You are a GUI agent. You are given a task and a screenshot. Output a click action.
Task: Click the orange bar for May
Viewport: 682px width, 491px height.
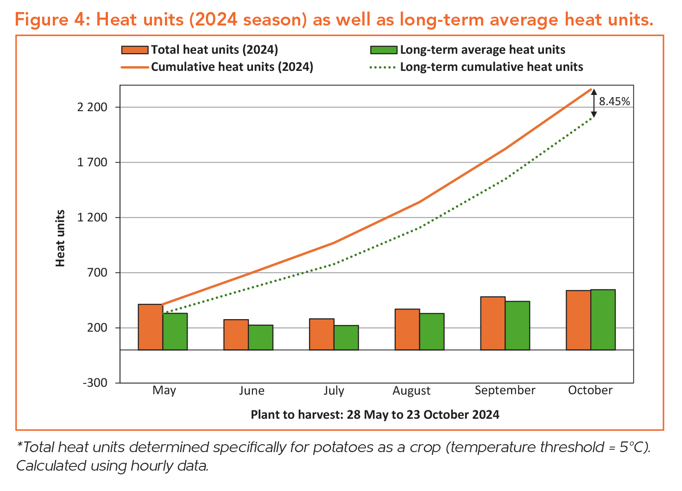pyautogui.click(x=151, y=327)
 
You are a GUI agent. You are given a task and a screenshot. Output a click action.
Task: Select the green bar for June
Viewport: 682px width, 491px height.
pyautogui.click(x=261, y=337)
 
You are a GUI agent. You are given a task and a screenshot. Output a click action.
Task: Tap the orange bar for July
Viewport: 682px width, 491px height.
pyautogui.click(x=322, y=334)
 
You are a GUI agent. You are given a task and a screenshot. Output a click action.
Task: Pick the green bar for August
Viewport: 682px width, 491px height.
pyautogui.click(x=432, y=332)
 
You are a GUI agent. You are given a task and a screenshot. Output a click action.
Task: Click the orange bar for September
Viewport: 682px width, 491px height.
pyautogui.click(x=493, y=323)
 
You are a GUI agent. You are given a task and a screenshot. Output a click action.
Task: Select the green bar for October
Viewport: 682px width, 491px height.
pyautogui.click(x=603, y=320)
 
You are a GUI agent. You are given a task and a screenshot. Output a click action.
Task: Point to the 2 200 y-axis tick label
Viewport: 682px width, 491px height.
pyautogui.click(x=92, y=107)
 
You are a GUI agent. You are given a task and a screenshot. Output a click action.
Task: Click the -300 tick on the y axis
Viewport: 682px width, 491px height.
pyautogui.click(x=95, y=383)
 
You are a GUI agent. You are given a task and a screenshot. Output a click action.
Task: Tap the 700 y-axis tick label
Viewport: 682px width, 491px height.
pyautogui.click(x=98, y=273)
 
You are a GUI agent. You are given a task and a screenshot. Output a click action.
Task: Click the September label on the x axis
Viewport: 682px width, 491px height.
pyautogui.click(x=505, y=390)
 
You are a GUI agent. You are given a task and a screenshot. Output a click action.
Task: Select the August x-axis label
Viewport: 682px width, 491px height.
pyautogui.click(x=411, y=391)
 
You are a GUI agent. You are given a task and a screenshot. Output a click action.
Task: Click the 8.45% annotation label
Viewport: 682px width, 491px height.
pyautogui.click(x=614, y=101)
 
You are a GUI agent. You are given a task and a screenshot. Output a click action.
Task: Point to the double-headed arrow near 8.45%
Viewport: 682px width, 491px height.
pyautogui.click(x=594, y=103)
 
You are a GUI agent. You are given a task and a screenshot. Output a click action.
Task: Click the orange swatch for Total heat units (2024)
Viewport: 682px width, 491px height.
pyautogui.click(x=135, y=50)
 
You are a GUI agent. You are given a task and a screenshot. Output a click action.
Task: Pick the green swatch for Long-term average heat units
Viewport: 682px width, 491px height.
pyautogui.click(x=384, y=50)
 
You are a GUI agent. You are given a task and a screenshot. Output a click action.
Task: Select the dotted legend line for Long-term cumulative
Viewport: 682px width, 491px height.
pyautogui.click(x=383, y=68)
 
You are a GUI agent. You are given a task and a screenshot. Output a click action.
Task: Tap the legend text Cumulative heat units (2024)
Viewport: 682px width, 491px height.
pyautogui.click(x=232, y=67)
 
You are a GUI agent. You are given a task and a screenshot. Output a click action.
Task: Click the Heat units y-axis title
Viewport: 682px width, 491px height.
pyautogui.click(x=60, y=238)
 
